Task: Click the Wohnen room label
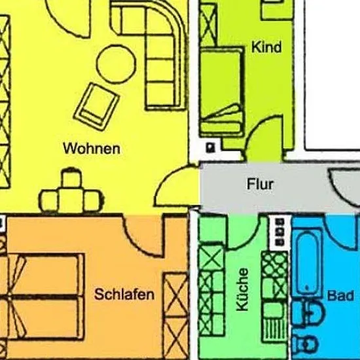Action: tap(92, 149)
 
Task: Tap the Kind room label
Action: tap(266, 47)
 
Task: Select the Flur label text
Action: tap(260, 184)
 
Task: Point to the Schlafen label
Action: tap(124, 294)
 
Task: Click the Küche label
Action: tap(242, 289)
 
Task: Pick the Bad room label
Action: tap(340, 296)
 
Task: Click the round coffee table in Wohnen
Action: tap(116, 64)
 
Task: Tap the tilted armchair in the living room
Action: tap(96, 107)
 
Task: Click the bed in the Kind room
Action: tap(222, 92)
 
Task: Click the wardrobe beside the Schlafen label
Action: tap(175, 316)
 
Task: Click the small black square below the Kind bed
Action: tap(210, 147)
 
